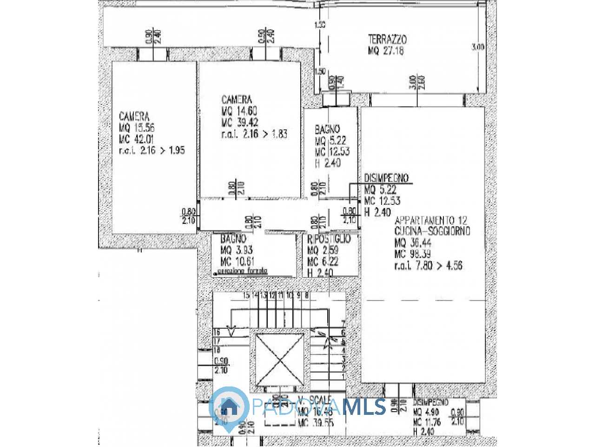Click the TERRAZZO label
tap(387, 39)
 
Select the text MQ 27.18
tap(386, 51)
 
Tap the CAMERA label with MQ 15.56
tap(134, 116)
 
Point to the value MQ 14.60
tap(239, 111)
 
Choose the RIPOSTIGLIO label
tap(329, 239)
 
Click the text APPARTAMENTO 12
tap(431, 220)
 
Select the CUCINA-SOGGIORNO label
tap(432, 231)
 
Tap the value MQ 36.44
tap(412, 243)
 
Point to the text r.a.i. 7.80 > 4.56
tap(428, 265)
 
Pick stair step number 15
tap(246, 295)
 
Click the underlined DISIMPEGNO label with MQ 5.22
tap(386, 178)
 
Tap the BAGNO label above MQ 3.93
tap(233, 239)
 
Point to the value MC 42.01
tap(137, 139)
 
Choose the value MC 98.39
tap(412, 254)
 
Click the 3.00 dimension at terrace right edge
tap(477, 47)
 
